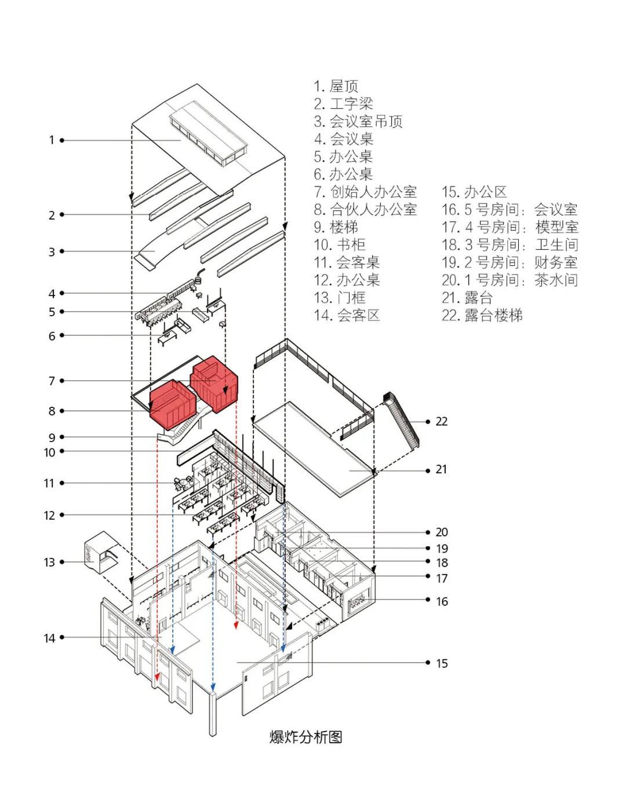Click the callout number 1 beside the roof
[x=52, y=140]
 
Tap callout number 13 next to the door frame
[x=49, y=562]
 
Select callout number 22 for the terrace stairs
[x=442, y=421]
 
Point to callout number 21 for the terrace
[x=442, y=469]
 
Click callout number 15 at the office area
[x=442, y=663]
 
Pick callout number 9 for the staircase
[x=52, y=437]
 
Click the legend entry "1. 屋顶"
[x=336, y=86]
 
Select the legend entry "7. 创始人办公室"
[x=365, y=192]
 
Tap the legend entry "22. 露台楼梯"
[x=482, y=315]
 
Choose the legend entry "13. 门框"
[x=340, y=298]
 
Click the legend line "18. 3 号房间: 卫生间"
[x=509, y=244]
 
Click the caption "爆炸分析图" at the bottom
[x=305, y=737]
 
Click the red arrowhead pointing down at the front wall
[x=158, y=677]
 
